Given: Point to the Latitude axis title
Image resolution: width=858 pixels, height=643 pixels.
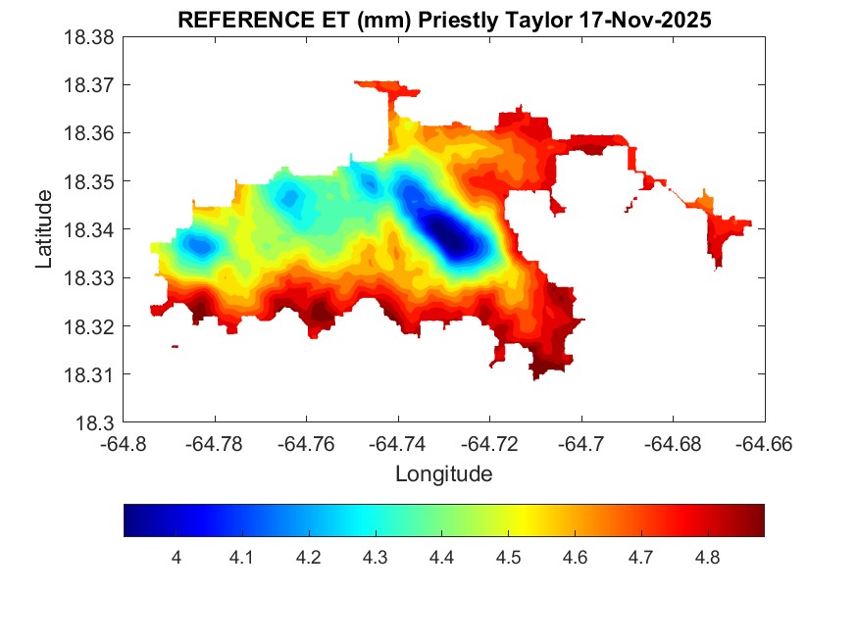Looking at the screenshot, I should click(x=43, y=229).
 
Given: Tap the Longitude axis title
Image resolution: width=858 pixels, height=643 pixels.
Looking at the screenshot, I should click(x=443, y=474).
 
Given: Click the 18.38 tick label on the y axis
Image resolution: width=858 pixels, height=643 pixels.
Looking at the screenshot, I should click(x=91, y=37).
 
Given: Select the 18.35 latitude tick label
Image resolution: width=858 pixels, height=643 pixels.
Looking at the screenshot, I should click(x=91, y=181).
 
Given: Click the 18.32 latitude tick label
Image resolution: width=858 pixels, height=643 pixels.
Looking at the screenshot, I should click(x=91, y=326).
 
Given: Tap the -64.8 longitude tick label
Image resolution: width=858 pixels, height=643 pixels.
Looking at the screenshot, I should click(x=125, y=444).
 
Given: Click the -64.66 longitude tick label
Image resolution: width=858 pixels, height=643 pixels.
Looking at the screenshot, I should click(x=765, y=444).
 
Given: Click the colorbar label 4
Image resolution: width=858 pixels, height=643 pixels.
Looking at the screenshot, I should click(x=176, y=558).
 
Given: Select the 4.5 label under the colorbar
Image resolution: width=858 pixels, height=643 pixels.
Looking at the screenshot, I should click(x=508, y=558).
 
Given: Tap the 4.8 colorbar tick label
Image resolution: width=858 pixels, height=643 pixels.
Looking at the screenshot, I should click(x=707, y=558).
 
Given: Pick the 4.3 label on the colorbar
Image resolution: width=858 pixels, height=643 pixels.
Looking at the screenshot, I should click(x=375, y=558).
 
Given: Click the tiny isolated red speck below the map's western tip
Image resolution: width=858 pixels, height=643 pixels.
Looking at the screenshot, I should click(x=175, y=346).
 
